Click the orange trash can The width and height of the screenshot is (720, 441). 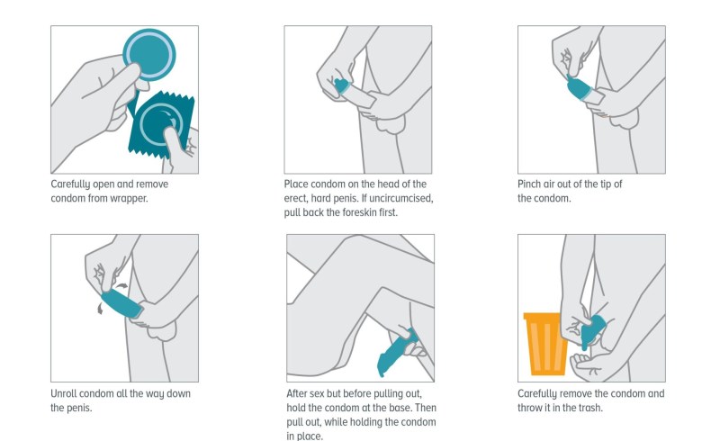click(x=545, y=344)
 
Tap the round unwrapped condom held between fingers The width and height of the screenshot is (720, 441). click(x=149, y=55)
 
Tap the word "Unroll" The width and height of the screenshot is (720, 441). click(x=63, y=393)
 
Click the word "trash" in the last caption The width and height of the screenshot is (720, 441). click(x=590, y=408)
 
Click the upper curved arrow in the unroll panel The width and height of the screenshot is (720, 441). click(x=121, y=286)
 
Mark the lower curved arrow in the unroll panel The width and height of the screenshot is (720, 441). click(x=100, y=308)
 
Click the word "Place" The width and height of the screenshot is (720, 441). click(x=296, y=184)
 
